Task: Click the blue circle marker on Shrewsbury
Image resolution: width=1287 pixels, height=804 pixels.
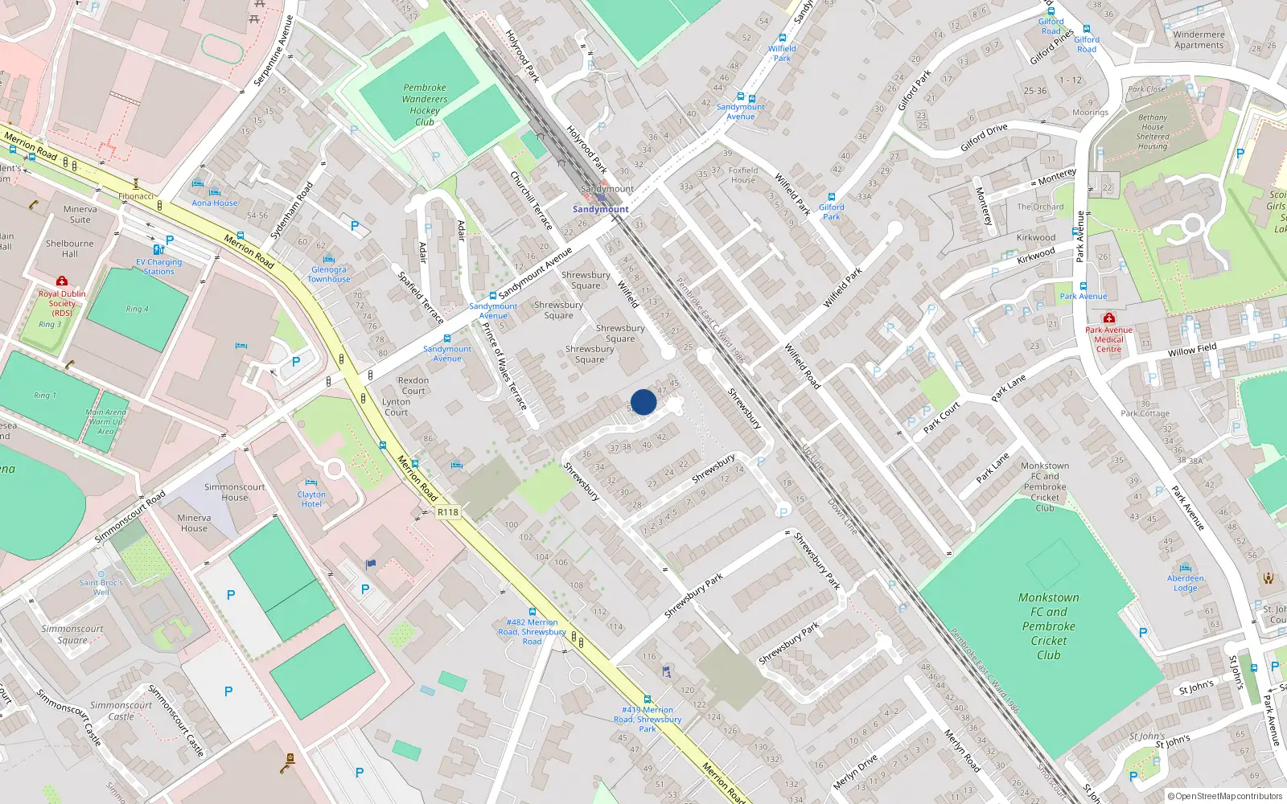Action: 643,402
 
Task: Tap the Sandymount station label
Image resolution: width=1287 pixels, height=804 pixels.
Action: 600,209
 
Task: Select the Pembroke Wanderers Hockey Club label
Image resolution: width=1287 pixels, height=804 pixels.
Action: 425,105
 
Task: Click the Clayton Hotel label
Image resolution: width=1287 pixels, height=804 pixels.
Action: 311,499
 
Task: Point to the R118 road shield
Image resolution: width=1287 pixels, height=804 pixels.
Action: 448,512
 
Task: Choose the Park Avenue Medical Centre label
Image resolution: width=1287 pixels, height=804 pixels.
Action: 1108,339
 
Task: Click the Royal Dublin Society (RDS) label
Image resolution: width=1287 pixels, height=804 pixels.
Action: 62,303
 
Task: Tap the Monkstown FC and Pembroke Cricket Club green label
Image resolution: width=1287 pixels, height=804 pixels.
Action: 1049,626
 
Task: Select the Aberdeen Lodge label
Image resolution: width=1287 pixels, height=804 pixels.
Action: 1186,583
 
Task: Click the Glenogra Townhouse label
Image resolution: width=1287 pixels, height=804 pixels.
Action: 329,274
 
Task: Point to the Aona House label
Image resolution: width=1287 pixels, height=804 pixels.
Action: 215,203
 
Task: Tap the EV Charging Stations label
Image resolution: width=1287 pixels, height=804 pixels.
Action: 159,267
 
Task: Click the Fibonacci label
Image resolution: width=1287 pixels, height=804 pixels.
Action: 136,196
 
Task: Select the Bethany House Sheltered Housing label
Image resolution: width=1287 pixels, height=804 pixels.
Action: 1153,132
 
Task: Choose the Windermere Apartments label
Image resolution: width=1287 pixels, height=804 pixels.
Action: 1199,39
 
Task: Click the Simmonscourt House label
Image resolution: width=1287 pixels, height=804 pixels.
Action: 234,492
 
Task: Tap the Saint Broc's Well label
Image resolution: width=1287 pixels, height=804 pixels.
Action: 101,587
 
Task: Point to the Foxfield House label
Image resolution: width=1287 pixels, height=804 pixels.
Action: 743,174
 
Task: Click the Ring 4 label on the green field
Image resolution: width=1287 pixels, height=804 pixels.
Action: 138,309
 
